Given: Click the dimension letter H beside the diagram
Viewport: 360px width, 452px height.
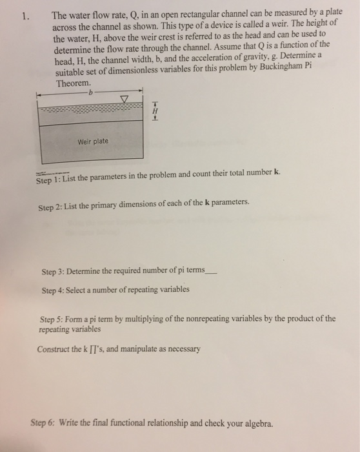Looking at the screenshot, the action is coord(154,110).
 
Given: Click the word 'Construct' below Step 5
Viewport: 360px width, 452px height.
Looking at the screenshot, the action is coord(54,349).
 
